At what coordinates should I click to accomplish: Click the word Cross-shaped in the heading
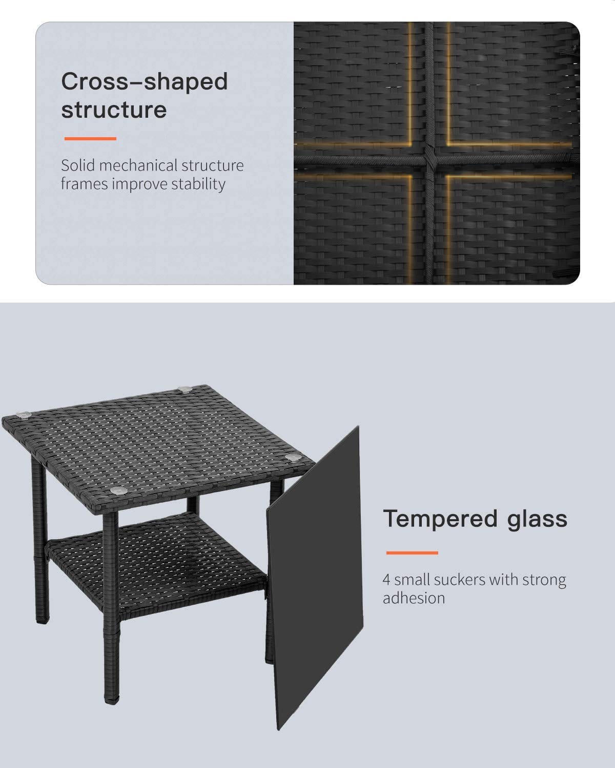tap(144, 82)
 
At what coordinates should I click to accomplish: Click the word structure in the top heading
tap(114, 110)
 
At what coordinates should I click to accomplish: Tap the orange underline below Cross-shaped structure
tap(90, 139)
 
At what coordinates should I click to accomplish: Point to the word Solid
tap(78, 165)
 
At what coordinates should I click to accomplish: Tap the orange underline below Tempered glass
tap(412, 553)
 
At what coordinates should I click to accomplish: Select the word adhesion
tap(414, 598)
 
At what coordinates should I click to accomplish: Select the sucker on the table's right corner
tap(292, 457)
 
